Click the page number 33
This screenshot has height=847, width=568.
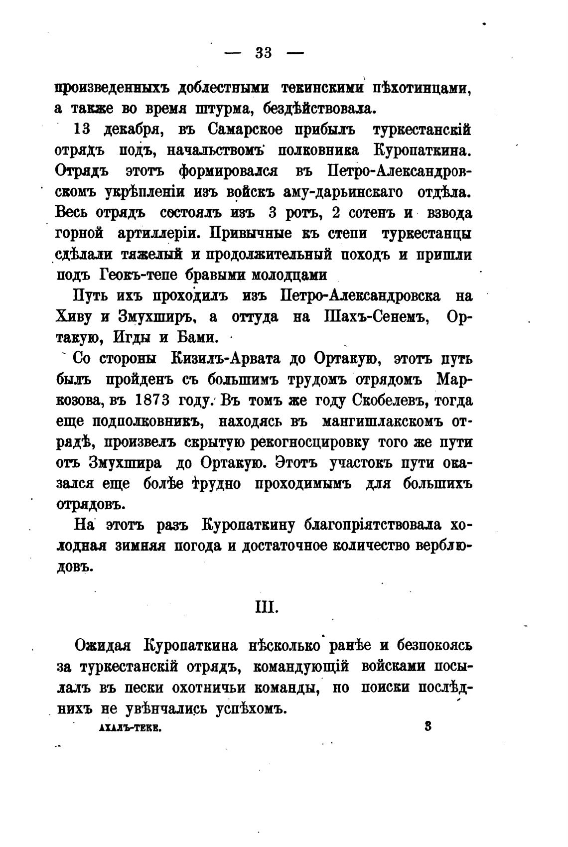[264, 53]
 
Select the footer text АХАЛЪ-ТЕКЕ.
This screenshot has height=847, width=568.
[130, 727]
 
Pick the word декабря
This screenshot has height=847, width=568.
[131, 131]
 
